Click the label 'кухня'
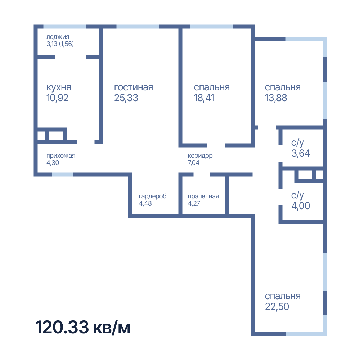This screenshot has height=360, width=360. [59, 87]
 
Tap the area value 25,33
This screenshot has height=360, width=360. [126, 98]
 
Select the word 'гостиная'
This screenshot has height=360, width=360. [134, 87]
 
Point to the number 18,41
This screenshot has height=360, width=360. [204, 98]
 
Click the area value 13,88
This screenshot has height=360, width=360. [276, 98]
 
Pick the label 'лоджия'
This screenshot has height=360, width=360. [58, 37]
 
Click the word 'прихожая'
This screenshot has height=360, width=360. [61, 156]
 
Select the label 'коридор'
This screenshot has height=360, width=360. [200, 156]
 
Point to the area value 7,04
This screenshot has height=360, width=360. [194, 163]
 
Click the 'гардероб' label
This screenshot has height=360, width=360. [153, 196]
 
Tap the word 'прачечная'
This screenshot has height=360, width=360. [203, 196]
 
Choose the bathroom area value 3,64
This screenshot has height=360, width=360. [301, 153]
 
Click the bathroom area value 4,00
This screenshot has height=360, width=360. [301, 206]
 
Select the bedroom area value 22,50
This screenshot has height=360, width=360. [277, 307]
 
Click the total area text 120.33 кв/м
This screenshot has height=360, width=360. [83, 327]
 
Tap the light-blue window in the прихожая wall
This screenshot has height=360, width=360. [63, 175]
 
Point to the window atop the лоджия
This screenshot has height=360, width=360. [64, 27]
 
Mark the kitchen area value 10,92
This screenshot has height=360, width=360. [57, 98]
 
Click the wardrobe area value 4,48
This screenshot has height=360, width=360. [145, 203]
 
